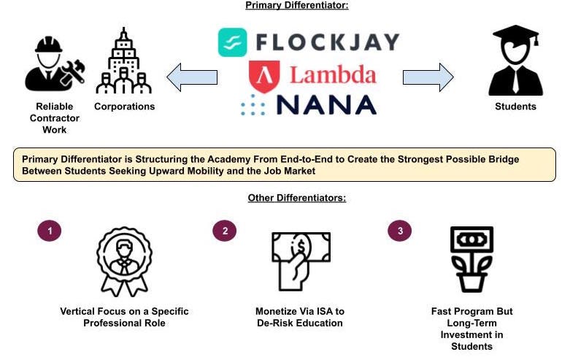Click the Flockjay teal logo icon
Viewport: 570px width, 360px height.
click(x=232, y=42)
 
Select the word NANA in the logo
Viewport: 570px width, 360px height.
click(x=326, y=104)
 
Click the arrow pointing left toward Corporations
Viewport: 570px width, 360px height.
click(x=191, y=77)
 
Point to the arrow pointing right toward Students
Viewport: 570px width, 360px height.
click(x=428, y=77)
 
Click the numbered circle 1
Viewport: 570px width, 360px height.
click(x=50, y=231)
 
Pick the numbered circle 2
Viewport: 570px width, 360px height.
click(x=225, y=231)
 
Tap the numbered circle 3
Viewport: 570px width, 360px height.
click(x=400, y=231)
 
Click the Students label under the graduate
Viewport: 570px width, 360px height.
click(x=515, y=107)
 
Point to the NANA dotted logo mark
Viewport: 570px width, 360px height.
click(x=253, y=105)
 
